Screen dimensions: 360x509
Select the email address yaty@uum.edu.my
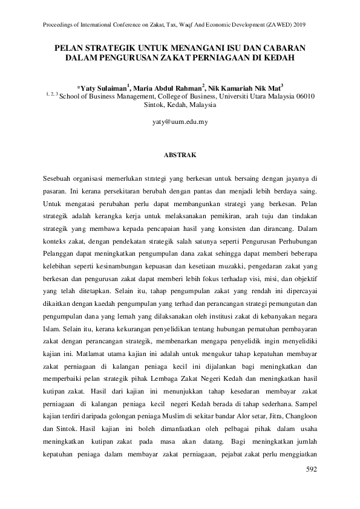[x=180, y=122]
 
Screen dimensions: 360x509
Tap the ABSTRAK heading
[x=180, y=155]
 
